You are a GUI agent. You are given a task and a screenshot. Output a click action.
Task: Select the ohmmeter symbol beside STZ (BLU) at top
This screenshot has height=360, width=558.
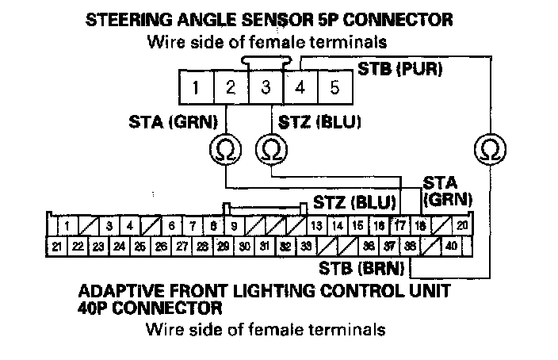click(270, 147)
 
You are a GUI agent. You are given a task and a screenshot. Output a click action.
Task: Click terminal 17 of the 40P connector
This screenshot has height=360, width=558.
click(401, 226)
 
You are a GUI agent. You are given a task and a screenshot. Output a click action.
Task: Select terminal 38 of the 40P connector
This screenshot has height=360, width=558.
click(410, 247)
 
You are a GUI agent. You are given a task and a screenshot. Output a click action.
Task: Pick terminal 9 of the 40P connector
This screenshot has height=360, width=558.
click(235, 226)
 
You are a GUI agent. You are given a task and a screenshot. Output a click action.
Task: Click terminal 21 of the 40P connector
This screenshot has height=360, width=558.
click(57, 247)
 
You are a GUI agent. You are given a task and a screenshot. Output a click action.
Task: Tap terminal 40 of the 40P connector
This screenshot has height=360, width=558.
click(451, 247)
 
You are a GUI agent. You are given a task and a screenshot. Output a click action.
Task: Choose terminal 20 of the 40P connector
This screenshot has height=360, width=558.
click(461, 226)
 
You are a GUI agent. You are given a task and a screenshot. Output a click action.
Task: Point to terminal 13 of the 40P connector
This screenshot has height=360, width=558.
click(316, 226)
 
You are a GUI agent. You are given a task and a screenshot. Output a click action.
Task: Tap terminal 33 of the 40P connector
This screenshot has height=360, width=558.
click(307, 247)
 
